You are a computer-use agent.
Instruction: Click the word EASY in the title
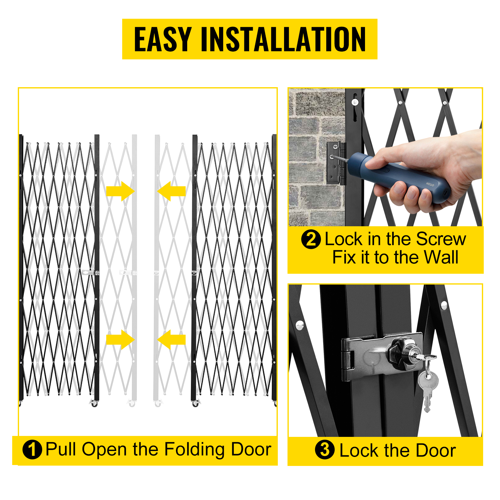(162, 39)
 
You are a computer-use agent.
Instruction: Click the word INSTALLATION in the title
(283, 39)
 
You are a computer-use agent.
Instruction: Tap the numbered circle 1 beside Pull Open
(32, 450)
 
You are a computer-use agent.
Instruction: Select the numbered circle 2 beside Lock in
(311, 239)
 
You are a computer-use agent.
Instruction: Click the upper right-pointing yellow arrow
(120, 191)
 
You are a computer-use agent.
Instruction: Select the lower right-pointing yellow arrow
(120, 340)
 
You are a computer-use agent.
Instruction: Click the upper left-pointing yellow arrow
(171, 191)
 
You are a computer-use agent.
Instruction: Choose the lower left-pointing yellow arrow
(171, 340)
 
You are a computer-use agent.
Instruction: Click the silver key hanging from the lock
(427, 391)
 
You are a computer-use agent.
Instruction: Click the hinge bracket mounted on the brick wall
(336, 163)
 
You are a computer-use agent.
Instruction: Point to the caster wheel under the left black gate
(94, 403)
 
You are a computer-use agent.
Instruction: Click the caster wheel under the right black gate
(196, 403)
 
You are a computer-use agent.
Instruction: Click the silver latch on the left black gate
(91, 272)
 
